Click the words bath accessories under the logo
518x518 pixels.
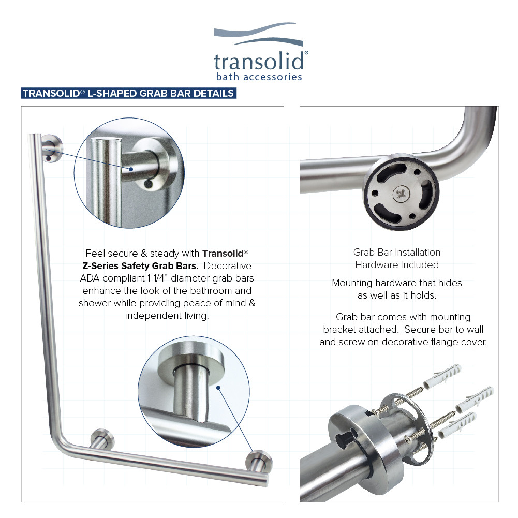(258, 77)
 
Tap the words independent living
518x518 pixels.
(167, 315)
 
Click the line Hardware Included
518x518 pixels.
(397, 264)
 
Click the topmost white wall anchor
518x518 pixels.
(441, 377)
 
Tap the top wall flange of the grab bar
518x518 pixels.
(52, 145)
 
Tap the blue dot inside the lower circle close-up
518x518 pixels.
(219, 387)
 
